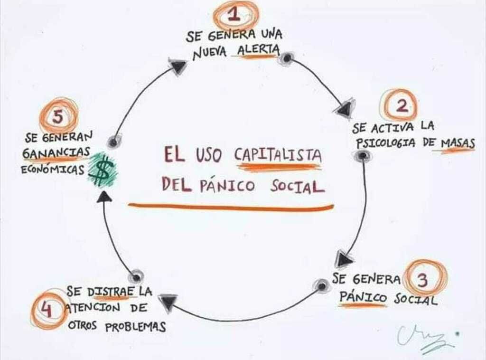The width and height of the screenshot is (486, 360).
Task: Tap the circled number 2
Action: (x=401, y=105)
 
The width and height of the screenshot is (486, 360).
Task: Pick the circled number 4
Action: (x=47, y=310)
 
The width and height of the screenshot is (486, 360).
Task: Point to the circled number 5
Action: (x=58, y=116)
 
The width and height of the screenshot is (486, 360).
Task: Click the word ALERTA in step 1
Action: (x=258, y=50)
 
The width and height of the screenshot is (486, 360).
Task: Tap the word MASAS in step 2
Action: (x=458, y=144)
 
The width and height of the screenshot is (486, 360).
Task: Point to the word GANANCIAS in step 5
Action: (x=56, y=152)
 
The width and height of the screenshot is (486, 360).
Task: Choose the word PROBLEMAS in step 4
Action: (x=135, y=326)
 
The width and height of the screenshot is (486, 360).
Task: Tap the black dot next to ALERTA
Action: (x=287, y=58)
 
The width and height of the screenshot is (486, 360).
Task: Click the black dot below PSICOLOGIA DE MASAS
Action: (x=362, y=155)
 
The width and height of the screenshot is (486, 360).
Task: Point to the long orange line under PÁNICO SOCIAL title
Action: (x=231, y=207)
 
